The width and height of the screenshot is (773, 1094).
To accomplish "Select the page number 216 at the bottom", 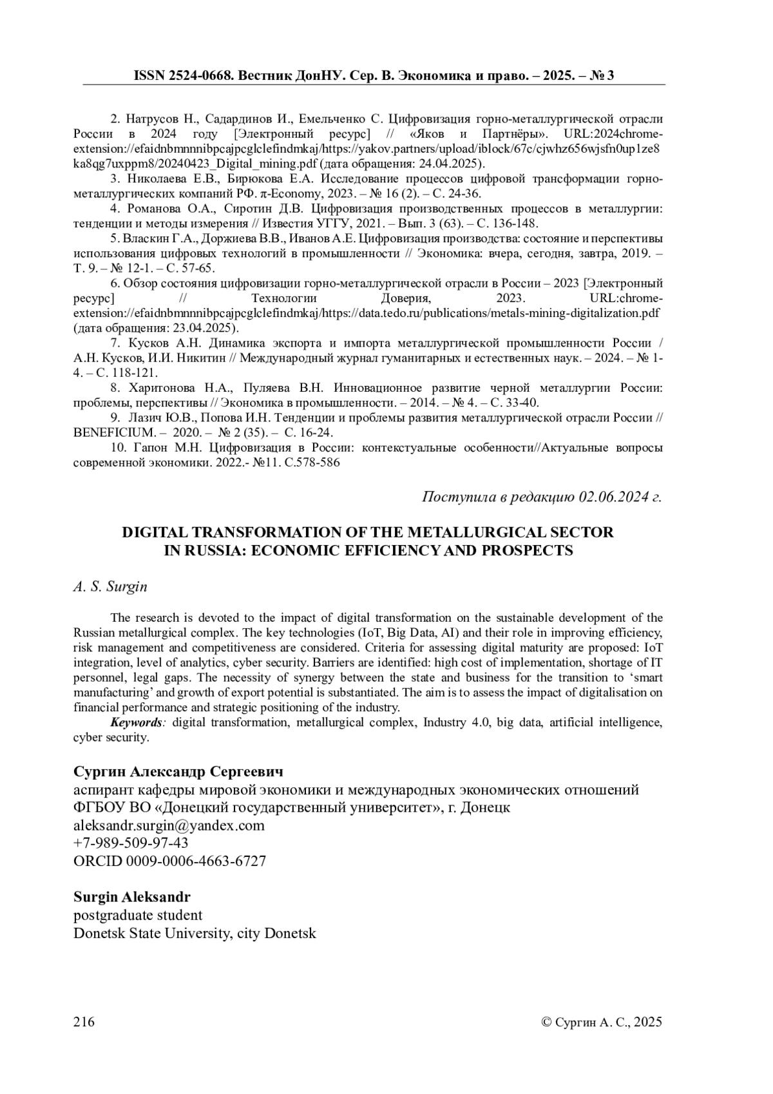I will pos(84,1022).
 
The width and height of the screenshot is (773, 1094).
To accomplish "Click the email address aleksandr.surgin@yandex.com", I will pos(169,825).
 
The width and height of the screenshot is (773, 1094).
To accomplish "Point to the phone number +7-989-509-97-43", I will pos(131,843).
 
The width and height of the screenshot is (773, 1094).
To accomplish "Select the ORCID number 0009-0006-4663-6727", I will pos(195,861).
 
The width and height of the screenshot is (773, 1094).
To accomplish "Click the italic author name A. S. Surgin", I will pos(110,587).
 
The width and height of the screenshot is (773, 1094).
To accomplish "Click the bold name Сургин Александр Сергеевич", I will pos(178,772).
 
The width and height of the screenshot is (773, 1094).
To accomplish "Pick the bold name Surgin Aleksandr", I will pos(131,897).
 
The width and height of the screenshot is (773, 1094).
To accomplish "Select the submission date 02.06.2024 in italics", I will pos(608,497).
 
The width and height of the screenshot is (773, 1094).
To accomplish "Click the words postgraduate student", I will pos(138,915).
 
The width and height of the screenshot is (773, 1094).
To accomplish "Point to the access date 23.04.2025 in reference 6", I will pos(200,328).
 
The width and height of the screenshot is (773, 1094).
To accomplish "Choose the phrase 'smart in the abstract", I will pos(646,678).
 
